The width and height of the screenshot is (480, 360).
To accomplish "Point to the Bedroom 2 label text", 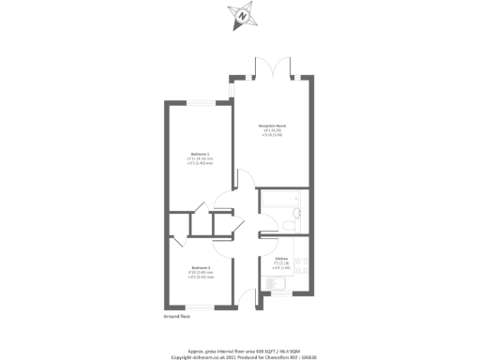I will pos(200,266).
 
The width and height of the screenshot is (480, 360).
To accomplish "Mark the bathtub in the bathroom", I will pos(276,202).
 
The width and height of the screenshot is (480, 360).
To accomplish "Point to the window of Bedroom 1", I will pos(201,99).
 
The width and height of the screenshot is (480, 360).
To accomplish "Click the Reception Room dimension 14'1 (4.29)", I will pos(272,130).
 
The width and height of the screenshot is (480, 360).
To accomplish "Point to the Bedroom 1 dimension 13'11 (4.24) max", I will pos(200,158).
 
